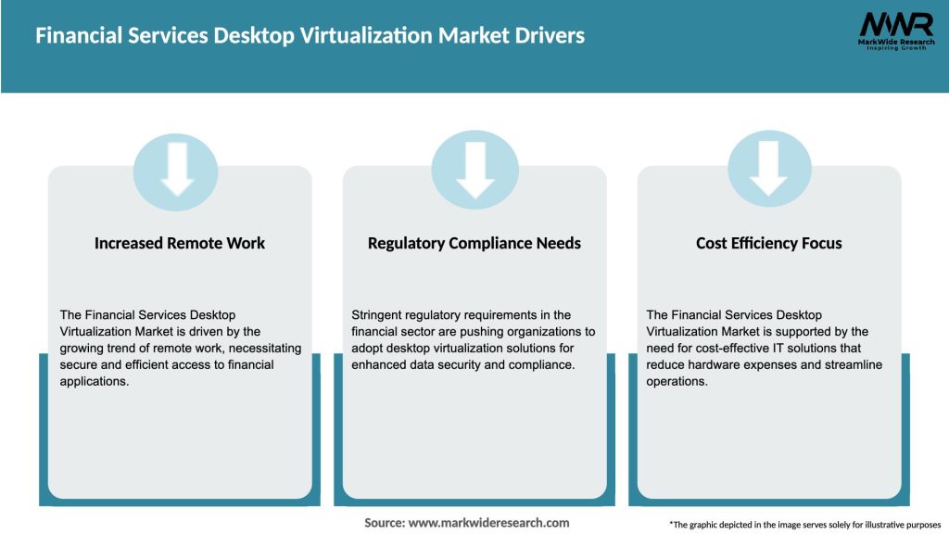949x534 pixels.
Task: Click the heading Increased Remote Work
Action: (180, 243)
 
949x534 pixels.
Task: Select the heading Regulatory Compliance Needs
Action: (474, 243)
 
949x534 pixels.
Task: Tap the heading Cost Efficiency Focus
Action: (769, 243)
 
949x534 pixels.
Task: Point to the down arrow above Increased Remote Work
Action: (176, 168)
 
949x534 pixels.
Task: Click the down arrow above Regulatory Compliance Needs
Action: (474, 168)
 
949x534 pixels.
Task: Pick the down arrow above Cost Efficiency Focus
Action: (769, 168)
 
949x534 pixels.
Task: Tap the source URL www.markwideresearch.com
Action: (488, 523)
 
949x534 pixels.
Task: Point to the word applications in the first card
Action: (95, 381)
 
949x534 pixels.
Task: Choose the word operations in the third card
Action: (676, 381)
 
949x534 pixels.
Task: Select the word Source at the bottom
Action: (384, 523)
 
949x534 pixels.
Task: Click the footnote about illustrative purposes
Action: (804, 525)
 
